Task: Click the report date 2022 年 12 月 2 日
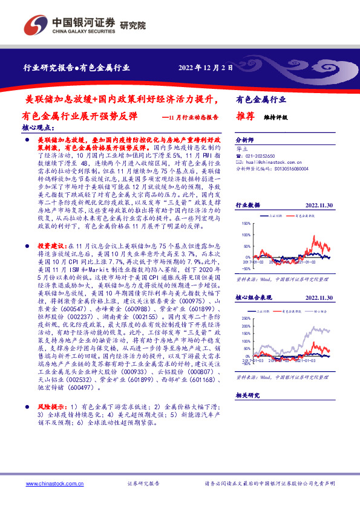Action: tap(206, 67)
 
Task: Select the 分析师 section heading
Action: tap(246, 138)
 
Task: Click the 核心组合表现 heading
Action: tap(252, 298)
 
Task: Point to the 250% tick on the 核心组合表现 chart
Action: tap(246, 317)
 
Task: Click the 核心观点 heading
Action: tap(38, 129)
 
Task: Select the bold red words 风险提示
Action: tap(50, 407)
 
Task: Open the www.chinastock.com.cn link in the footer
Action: tap(50, 484)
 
